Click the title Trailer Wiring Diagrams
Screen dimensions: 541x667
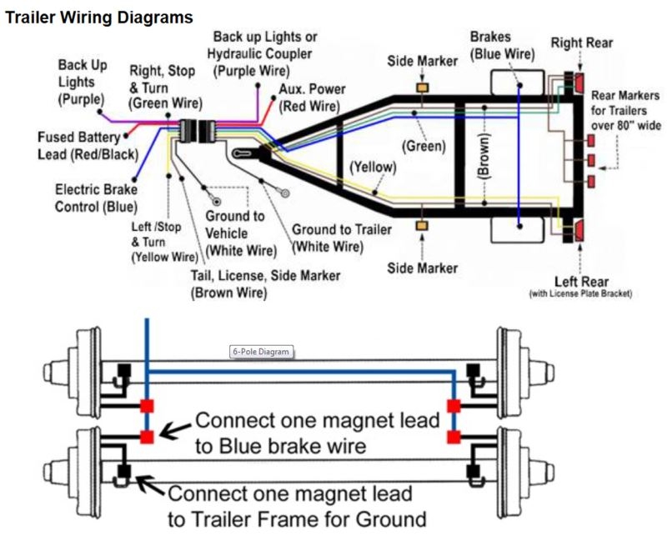click(99, 17)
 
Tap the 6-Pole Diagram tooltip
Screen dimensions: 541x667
click(260, 352)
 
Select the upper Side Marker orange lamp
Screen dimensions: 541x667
click(423, 88)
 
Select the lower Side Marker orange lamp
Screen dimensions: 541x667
click(423, 227)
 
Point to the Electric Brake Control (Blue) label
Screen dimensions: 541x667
click(96, 198)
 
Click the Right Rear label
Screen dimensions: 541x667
click(582, 43)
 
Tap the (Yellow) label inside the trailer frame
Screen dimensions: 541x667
click(373, 167)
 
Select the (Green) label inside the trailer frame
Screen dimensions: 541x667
click(424, 146)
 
